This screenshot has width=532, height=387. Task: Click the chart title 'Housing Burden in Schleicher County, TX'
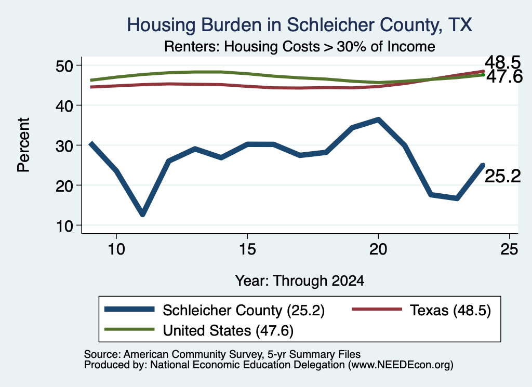(299, 25)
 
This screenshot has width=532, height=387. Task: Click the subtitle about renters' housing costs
(300, 46)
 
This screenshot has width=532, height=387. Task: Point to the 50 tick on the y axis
(64, 65)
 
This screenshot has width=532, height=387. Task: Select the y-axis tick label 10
(64, 225)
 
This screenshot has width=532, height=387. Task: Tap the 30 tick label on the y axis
(64, 145)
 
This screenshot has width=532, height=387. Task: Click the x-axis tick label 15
(247, 250)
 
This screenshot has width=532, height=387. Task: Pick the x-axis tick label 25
(509, 250)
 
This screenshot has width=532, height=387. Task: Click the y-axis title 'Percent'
(23, 145)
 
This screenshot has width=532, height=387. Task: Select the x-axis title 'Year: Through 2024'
(300, 281)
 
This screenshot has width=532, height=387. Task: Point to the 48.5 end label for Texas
(502, 62)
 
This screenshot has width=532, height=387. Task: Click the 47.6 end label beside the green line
(504, 77)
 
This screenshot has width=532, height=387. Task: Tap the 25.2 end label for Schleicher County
(502, 177)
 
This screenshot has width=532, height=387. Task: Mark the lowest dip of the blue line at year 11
(142, 214)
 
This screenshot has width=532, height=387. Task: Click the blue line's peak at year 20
(378, 119)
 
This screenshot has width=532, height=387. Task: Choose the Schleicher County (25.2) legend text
(244, 310)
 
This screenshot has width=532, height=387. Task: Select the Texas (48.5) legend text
(450, 310)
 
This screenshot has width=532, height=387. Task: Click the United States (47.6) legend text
(228, 331)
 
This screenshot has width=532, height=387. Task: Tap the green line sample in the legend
(129, 329)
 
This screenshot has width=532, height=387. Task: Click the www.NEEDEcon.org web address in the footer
(401, 365)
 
